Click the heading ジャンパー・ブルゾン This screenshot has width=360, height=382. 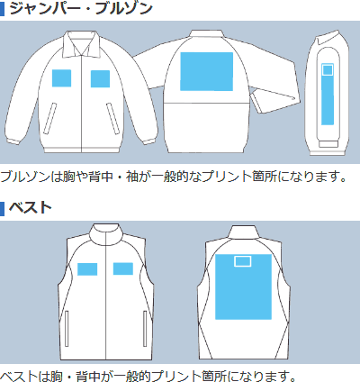tap(81, 8)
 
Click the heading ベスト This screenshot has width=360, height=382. tap(31, 208)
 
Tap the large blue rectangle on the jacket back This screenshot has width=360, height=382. tap(206, 71)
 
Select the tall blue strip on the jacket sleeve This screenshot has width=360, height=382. tap(328, 94)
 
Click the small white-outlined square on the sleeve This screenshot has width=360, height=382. tap(328, 70)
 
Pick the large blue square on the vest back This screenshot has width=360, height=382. tap(243, 286)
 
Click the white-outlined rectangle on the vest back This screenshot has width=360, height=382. tap(243, 261)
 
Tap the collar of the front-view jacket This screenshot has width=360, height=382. tap(81, 44)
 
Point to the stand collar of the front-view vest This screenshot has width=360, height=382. tap(106, 234)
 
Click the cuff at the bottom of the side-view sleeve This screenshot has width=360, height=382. tap(328, 144)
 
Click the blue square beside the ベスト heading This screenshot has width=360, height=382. tap(3, 208)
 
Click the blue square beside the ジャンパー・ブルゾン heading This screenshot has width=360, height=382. tap(3, 8)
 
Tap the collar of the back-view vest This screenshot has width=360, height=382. tap(243, 232)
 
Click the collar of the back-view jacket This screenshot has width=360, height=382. tap(207, 35)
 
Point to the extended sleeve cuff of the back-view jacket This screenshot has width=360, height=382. tap(276, 102)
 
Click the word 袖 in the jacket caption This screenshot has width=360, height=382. tap(131, 177)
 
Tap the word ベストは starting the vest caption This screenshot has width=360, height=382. tap(24, 376)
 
